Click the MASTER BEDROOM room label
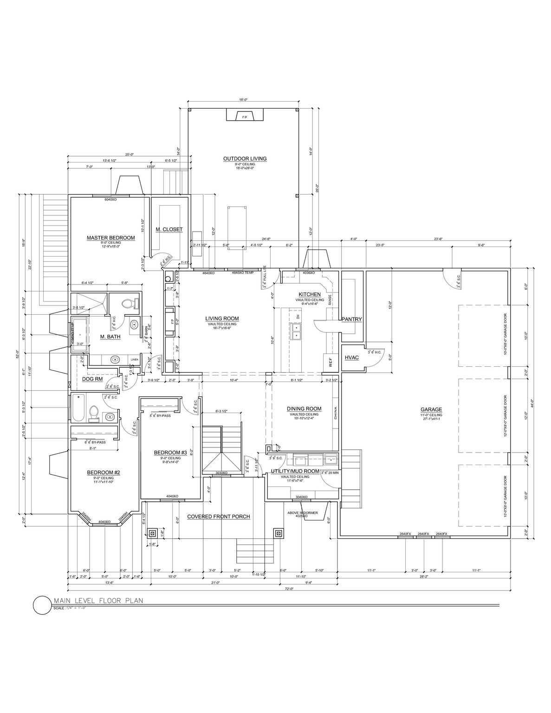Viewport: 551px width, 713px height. tap(110, 238)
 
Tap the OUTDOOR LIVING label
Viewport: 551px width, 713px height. tap(245, 158)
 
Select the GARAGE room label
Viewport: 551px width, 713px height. tap(431, 409)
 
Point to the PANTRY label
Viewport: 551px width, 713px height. tap(351, 319)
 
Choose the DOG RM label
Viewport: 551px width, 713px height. tap(92, 379)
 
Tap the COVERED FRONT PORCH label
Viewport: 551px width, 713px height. tap(218, 517)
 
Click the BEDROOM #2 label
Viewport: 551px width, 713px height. tap(104, 473)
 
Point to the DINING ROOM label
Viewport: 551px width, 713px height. tap(304, 409)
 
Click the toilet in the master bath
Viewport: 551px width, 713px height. tap(129, 305)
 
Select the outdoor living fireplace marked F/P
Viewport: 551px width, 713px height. tap(245, 116)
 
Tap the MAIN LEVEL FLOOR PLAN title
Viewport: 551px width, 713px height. tap(98, 600)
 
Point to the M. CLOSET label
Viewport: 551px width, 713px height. tap(169, 229)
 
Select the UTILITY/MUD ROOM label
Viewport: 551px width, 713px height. tap(295, 471)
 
